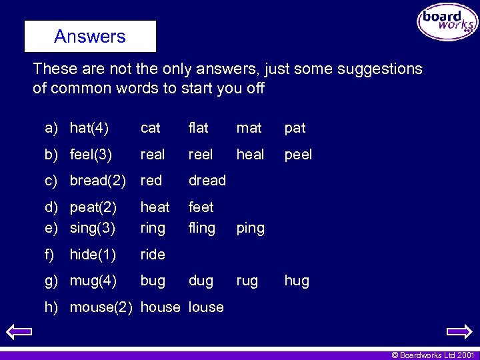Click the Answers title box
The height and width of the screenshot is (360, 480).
[90, 36]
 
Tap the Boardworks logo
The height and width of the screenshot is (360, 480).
[447, 22]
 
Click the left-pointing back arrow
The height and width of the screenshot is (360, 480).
[19, 331]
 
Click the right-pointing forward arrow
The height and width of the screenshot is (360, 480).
[459, 331]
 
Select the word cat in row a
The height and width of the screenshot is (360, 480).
[150, 128]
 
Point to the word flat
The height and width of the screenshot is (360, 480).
[198, 128]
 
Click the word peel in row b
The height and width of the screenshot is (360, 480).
[298, 155]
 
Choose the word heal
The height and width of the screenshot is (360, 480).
[250, 155]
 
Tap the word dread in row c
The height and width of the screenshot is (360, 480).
[207, 181]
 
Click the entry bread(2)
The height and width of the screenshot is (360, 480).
[98, 181]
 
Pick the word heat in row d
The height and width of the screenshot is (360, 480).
[155, 207]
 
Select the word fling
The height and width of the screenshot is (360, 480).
[201, 228]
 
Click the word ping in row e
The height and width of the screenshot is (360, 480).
[250, 229]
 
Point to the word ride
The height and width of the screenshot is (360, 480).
[153, 254]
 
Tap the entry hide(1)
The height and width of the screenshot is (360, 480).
[93, 254]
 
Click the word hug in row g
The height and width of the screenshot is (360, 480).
[297, 281]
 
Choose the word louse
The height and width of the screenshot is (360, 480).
[206, 307]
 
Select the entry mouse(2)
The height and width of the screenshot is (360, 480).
[101, 307]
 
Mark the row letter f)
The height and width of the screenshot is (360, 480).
[49, 254]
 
